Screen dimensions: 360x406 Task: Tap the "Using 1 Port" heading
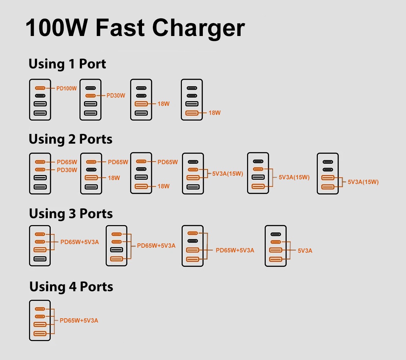pyautogui.click(x=67, y=64)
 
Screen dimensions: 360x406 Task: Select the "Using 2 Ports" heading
pyautogui.click(x=70, y=139)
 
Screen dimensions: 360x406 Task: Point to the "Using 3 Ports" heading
pyautogui.click(x=71, y=213)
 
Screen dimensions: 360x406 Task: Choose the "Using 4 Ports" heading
pyautogui.click(x=71, y=287)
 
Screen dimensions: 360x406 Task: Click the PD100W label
pyautogui.click(x=67, y=88)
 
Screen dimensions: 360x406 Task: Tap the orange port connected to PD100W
pyautogui.click(x=40, y=88)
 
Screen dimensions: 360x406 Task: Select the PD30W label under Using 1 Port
pyautogui.click(x=116, y=96)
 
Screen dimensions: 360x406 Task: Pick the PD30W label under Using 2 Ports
pyautogui.click(x=67, y=170)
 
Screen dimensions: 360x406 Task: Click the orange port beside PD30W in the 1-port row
pyautogui.click(x=91, y=96)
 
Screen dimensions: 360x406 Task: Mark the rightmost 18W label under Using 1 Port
pyautogui.click(x=215, y=113)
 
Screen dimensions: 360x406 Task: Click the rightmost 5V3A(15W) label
pyautogui.click(x=363, y=182)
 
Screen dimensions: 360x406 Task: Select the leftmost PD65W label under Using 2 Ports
pyautogui.click(x=67, y=162)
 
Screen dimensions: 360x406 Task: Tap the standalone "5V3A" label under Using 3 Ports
pyautogui.click(x=305, y=251)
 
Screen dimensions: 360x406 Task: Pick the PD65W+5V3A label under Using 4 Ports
pyautogui.click(x=79, y=320)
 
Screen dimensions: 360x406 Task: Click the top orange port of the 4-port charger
pyautogui.click(x=40, y=309)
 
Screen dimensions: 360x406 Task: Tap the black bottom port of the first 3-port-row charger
pyautogui.click(x=40, y=258)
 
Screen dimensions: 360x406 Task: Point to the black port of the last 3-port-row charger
pyautogui.click(x=276, y=234)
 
